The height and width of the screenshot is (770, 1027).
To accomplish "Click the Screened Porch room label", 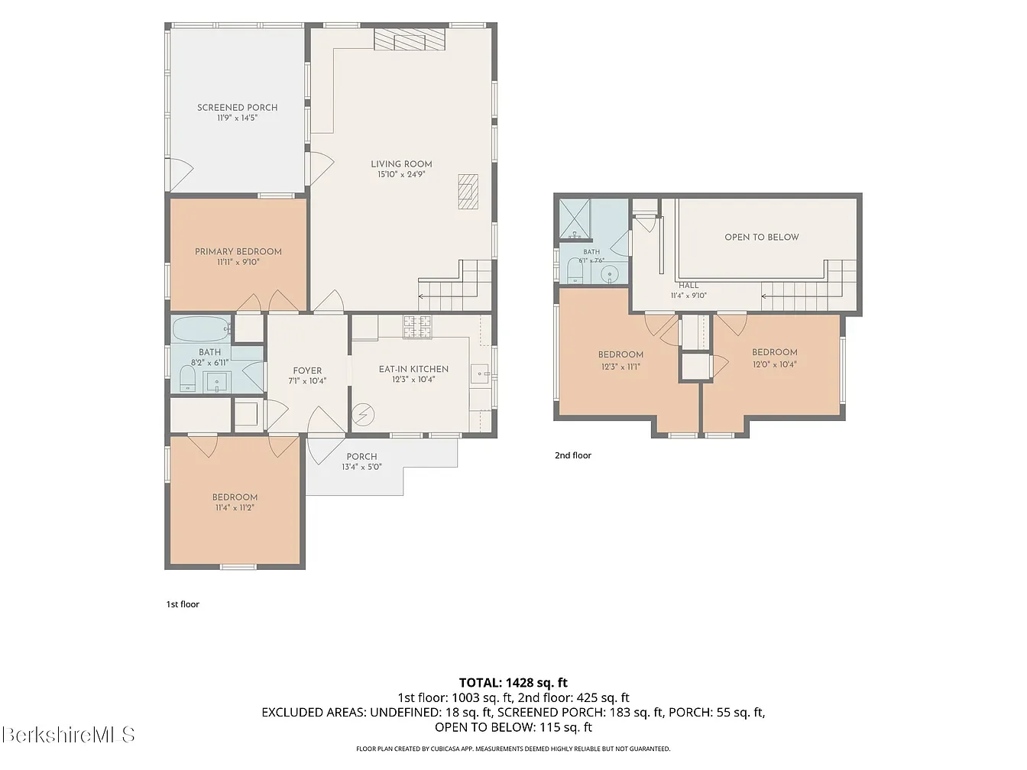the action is [x=237, y=108].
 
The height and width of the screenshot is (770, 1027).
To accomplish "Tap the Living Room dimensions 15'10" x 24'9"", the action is [x=401, y=174].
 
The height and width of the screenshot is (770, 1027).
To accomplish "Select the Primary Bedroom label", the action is [x=238, y=251].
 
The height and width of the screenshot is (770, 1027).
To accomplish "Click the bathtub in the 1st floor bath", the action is [x=202, y=329].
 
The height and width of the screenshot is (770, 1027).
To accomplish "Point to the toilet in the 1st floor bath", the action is [x=188, y=378].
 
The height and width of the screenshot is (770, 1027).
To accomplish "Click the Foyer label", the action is [x=307, y=370].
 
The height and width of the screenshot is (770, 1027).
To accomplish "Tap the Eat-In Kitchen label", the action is [x=413, y=369].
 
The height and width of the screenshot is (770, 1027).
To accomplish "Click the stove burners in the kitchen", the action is [x=417, y=327].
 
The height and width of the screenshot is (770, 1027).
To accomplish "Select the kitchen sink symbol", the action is [x=480, y=374].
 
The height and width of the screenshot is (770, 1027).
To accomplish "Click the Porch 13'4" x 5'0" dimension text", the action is [x=361, y=467].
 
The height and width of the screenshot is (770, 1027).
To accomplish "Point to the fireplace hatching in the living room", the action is [x=410, y=39].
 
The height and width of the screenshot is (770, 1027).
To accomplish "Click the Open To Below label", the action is [x=762, y=237].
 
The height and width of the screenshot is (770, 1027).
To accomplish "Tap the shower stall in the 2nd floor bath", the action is [x=575, y=218].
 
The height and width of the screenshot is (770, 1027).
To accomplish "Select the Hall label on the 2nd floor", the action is [x=688, y=285].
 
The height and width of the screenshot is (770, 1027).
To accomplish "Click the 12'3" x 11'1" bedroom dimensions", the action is [x=621, y=367].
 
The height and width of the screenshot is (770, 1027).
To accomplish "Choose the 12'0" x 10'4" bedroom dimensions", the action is [x=775, y=364].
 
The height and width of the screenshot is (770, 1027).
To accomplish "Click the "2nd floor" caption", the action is [x=573, y=455].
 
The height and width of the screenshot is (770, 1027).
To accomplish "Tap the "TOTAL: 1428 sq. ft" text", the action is [x=513, y=683].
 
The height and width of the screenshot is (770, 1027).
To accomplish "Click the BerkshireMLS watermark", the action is [x=68, y=734].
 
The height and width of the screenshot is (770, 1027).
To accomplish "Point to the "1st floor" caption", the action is [x=183, y=604].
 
